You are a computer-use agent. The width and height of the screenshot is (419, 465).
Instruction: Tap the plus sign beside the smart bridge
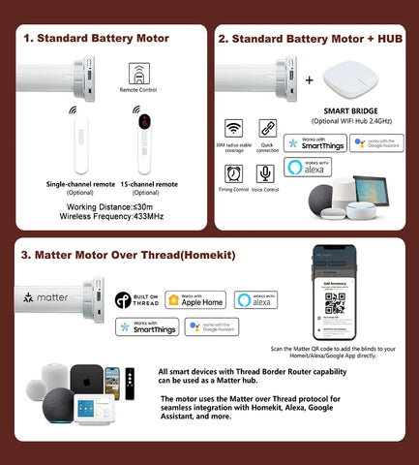point(309,81)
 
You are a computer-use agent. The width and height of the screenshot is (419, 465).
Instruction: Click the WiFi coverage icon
point(233,130)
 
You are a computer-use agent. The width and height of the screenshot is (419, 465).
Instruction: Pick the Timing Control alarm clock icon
point(233,173)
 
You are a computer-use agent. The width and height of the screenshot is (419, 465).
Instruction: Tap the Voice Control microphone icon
point(264,173)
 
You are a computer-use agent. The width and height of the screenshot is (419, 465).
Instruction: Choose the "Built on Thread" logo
point(136,300)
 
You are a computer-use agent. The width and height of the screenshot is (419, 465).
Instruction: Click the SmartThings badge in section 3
point(147,328)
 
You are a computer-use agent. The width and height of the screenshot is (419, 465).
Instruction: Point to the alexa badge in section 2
point(308,168)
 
